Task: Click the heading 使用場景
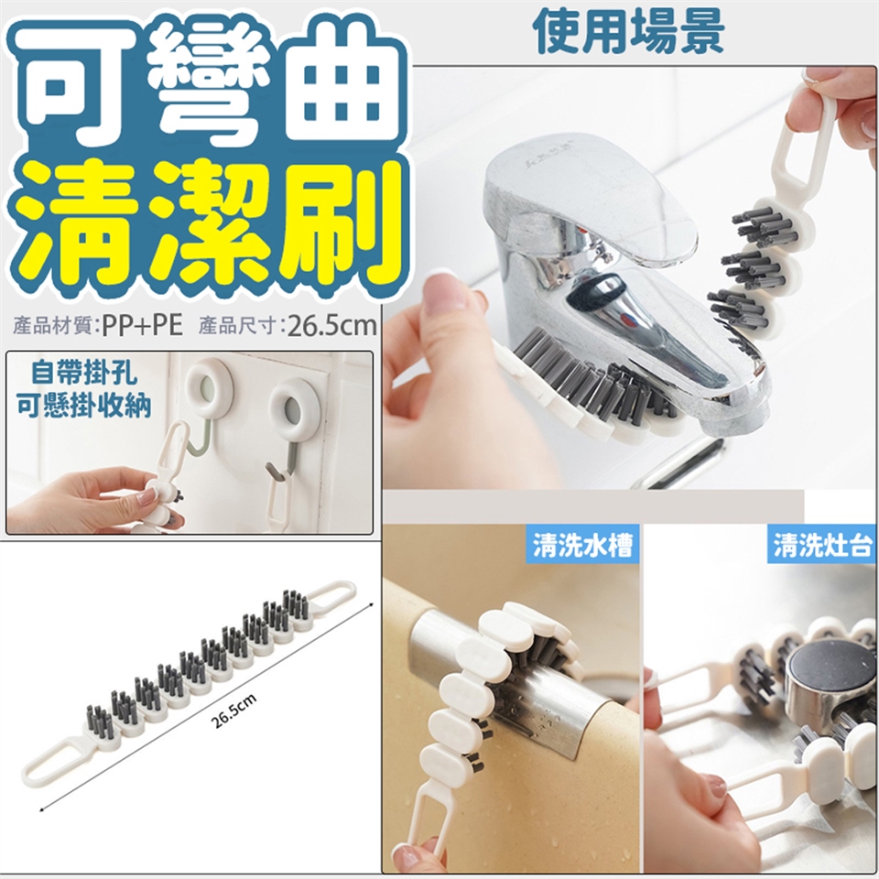pyautogui.click(x=628, y=32)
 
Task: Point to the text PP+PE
pyautogui.click(x=143, y=326)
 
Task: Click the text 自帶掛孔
pyautogui.click(x=84, y=373)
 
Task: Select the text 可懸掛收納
pyautogui.click(x=84, y=405)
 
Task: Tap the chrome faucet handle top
pyautogui.click(x=589, y=196)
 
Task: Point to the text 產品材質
pyautogui.click(x=53, y=326)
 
